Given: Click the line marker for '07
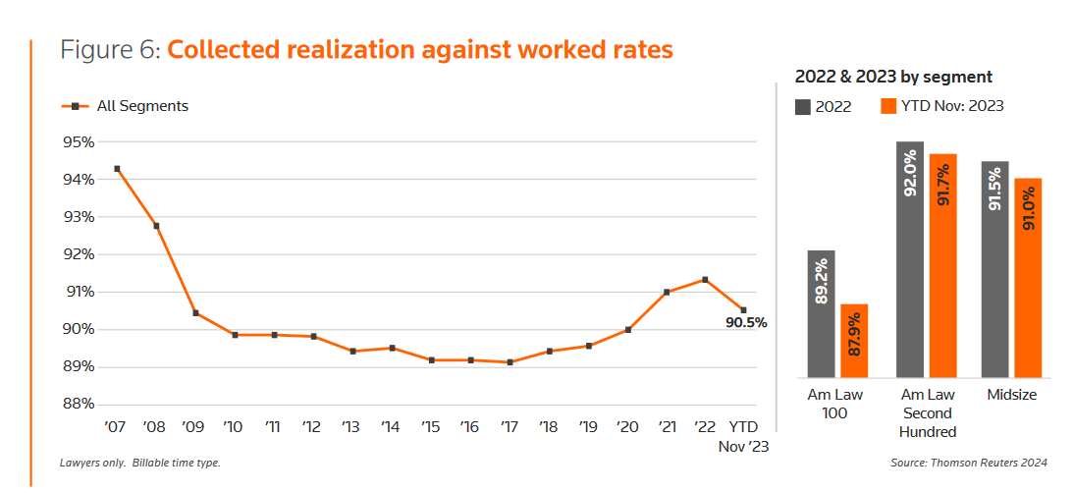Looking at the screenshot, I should (x=117, y=169).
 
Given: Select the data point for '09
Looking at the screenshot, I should (x=195, y=313).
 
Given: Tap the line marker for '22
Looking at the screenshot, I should (x=705, y=280).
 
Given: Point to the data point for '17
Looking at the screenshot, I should (x=510, y=362).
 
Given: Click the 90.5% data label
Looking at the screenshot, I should (x=746, y=322).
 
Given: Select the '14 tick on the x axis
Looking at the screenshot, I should (x=390, y=427).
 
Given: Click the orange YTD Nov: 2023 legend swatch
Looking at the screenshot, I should (x=887, y=106).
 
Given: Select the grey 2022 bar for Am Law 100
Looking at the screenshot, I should (x=822, y=313).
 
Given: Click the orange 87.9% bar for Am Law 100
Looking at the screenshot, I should (x=854, y=340).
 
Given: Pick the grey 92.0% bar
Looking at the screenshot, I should (x=909, y=259).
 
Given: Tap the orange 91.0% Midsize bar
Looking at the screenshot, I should (x=1028, y=277).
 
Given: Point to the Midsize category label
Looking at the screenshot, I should (x=1011, y=395).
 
